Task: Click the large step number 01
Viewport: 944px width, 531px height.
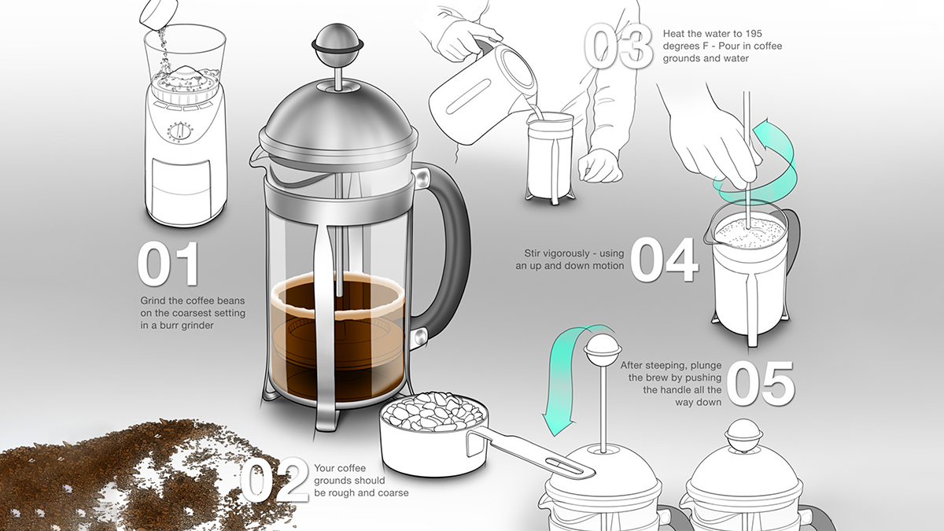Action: (x=168, y=264)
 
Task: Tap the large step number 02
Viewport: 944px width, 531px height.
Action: (x=275, y=481)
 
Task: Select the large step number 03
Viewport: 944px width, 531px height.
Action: (x=618, y=46)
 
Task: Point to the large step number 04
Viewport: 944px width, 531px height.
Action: (x=664, y=260)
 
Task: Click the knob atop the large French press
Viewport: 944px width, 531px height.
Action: (x=337, y=43)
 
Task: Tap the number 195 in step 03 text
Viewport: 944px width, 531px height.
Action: (x=753, y=33)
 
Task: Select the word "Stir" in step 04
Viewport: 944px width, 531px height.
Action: (x=532, y=253)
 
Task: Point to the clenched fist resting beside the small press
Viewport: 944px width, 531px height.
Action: (x=599, y=166)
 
